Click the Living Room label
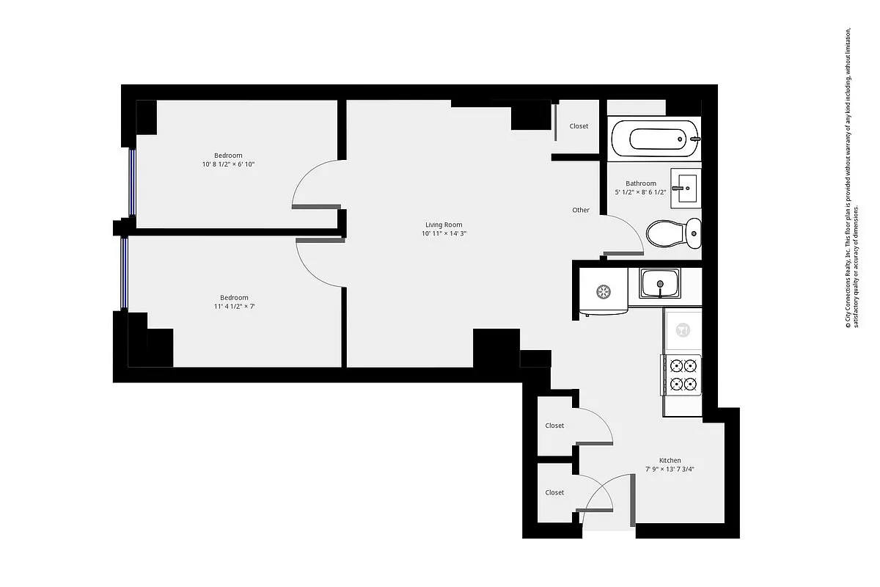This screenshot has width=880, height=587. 444,225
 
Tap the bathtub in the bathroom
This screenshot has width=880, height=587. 653,138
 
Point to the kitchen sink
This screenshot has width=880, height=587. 660,283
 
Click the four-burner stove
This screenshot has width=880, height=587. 682,374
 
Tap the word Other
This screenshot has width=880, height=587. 581,210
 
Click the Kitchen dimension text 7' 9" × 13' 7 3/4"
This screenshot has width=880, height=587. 670,469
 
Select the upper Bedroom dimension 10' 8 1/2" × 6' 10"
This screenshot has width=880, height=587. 228,164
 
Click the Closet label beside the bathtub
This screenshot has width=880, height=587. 579,126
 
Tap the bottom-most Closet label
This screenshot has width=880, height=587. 554,492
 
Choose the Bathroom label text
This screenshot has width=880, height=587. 640,183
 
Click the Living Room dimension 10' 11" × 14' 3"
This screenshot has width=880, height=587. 444,233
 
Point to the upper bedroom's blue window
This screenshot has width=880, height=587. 132,182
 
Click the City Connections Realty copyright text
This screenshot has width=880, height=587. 850,180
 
